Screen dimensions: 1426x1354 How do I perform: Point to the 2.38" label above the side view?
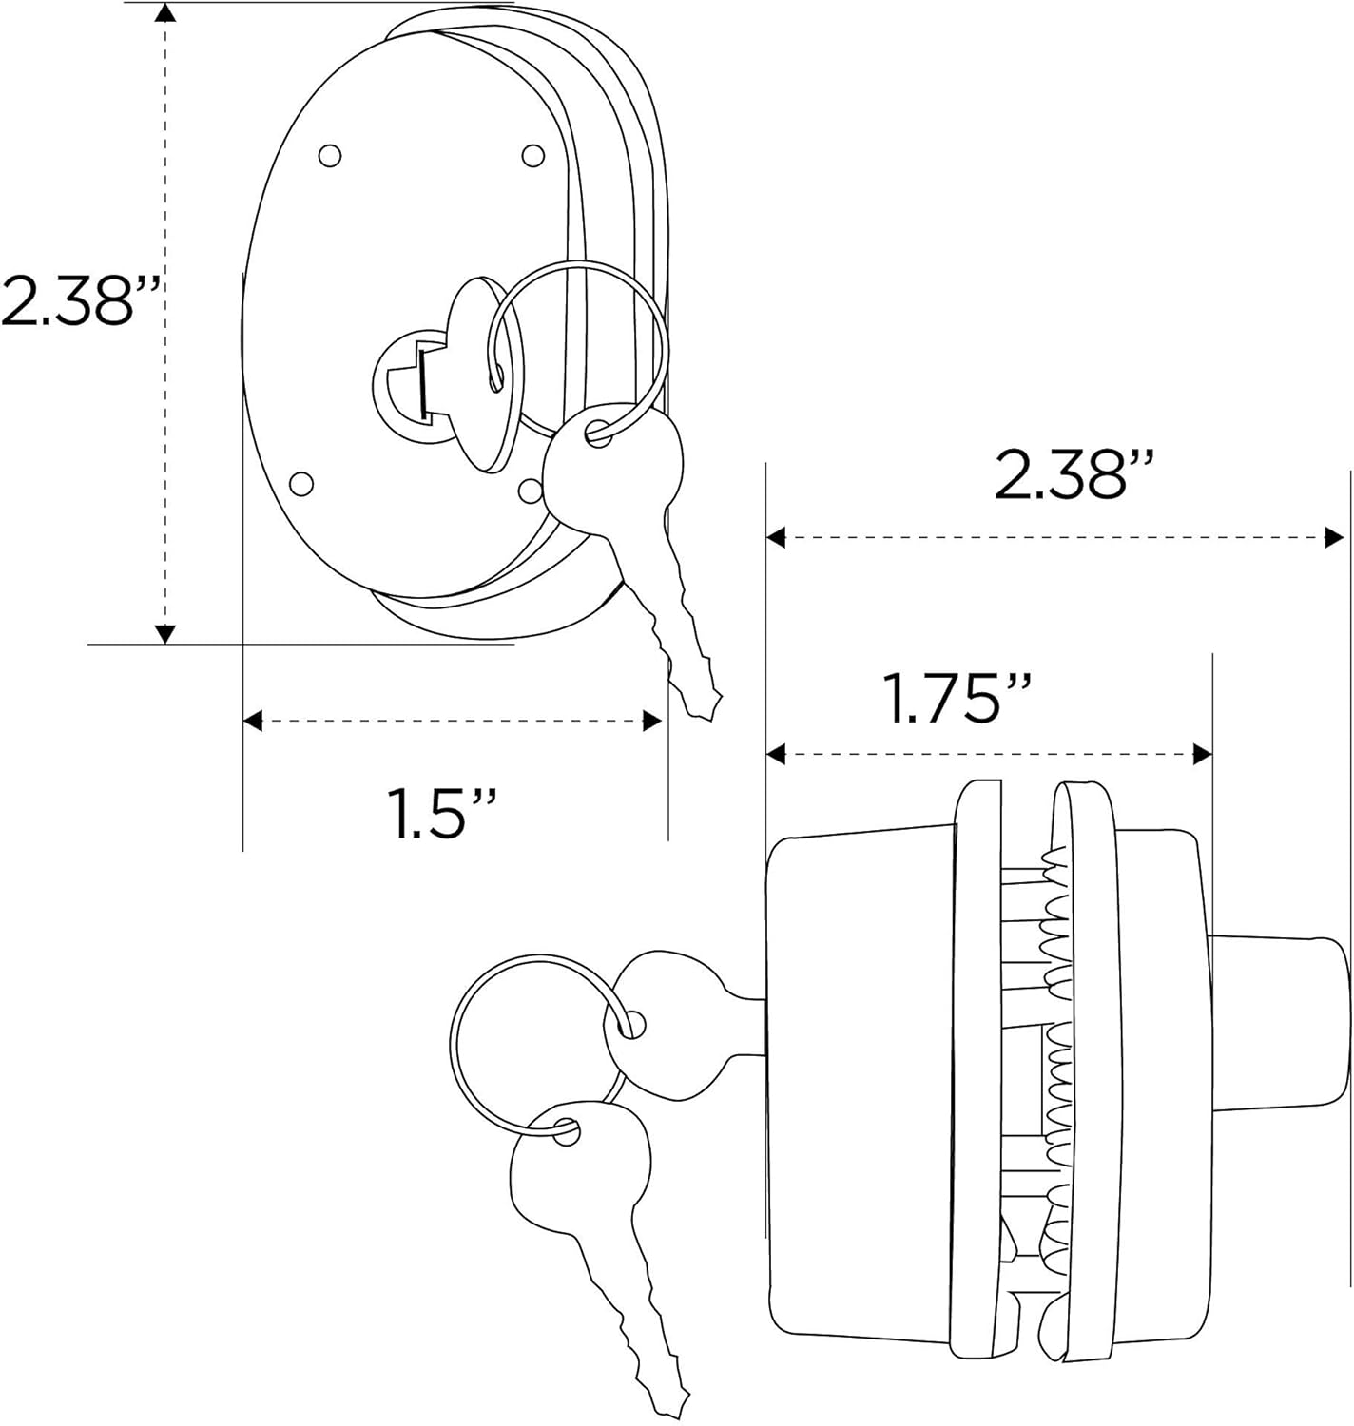[1075, 475]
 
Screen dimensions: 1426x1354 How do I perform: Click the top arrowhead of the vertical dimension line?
[165, 13]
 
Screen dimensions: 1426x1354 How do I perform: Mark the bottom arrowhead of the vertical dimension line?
[165, 633]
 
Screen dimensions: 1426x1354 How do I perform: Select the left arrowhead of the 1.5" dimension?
[253, 721]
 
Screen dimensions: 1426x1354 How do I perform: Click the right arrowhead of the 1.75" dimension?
[1203, 755]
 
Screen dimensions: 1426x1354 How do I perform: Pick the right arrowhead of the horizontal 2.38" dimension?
[1334, 538]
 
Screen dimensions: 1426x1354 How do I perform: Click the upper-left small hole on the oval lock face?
[329, 155]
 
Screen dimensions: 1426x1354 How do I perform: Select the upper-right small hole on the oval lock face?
[533, 154]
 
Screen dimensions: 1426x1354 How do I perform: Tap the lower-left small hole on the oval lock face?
[300, 484]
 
